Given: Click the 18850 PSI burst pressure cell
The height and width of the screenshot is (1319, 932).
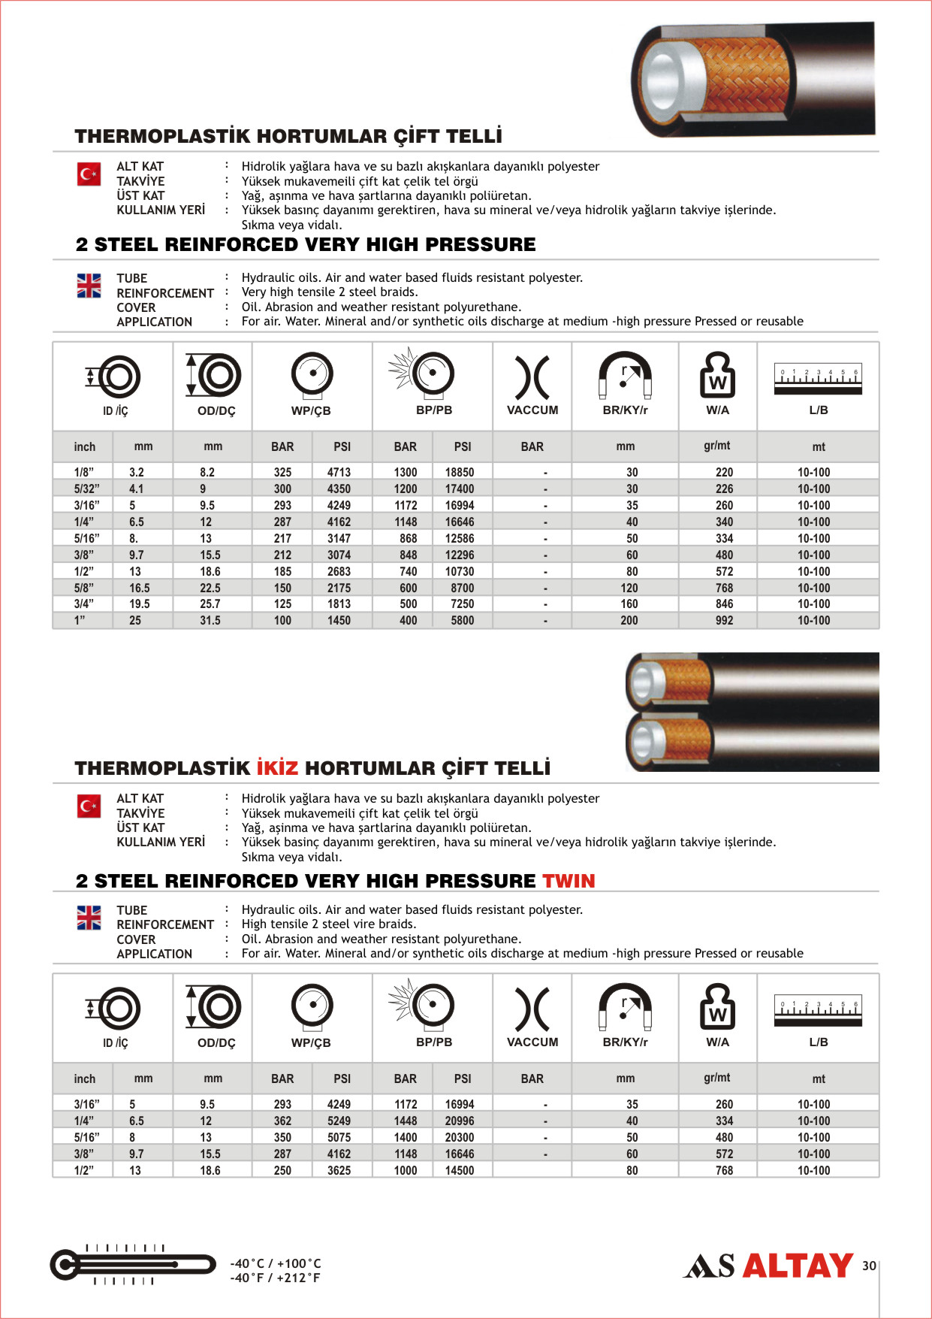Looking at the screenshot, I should tap(459, 472).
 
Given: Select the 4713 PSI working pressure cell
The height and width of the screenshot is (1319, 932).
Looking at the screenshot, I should tap(339, 472).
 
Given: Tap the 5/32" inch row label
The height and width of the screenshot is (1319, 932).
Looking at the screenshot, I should tap(86, 489).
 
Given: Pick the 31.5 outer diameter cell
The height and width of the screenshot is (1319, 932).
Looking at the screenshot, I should tap(210, 621).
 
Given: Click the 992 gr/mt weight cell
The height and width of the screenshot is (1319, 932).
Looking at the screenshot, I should tap(724, 621).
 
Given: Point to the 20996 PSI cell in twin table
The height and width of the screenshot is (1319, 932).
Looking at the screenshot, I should tap(459, 1121).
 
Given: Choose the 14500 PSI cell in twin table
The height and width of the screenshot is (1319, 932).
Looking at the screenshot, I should tap(459, 1170).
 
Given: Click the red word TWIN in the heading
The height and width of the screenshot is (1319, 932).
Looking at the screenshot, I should tap(569, 881).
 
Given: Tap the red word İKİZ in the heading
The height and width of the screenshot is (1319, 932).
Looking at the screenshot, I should tap(277, 768).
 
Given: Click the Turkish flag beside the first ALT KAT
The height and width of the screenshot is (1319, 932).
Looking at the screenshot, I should tap(89, 174).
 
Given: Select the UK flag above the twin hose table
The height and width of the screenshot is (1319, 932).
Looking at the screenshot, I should tap(89, 918).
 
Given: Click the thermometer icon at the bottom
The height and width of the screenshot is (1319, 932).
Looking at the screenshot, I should tap(132, 1265).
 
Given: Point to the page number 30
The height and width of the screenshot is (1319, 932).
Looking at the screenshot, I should tap(869, 1266).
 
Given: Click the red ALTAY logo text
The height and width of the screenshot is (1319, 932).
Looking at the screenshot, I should tap(798, 1266).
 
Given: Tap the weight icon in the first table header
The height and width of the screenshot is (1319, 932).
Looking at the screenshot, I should tap(717, 375).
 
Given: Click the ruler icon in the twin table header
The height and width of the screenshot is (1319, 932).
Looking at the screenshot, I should tap(818, 1010).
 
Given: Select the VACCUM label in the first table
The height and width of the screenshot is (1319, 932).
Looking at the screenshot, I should tap(532, 410).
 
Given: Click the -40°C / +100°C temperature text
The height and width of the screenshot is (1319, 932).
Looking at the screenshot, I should tap(276, 1263).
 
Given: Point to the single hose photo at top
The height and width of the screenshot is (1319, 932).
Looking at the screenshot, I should tap(753, 79).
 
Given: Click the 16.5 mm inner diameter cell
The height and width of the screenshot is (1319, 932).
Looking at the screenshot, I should tap(139, 588).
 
